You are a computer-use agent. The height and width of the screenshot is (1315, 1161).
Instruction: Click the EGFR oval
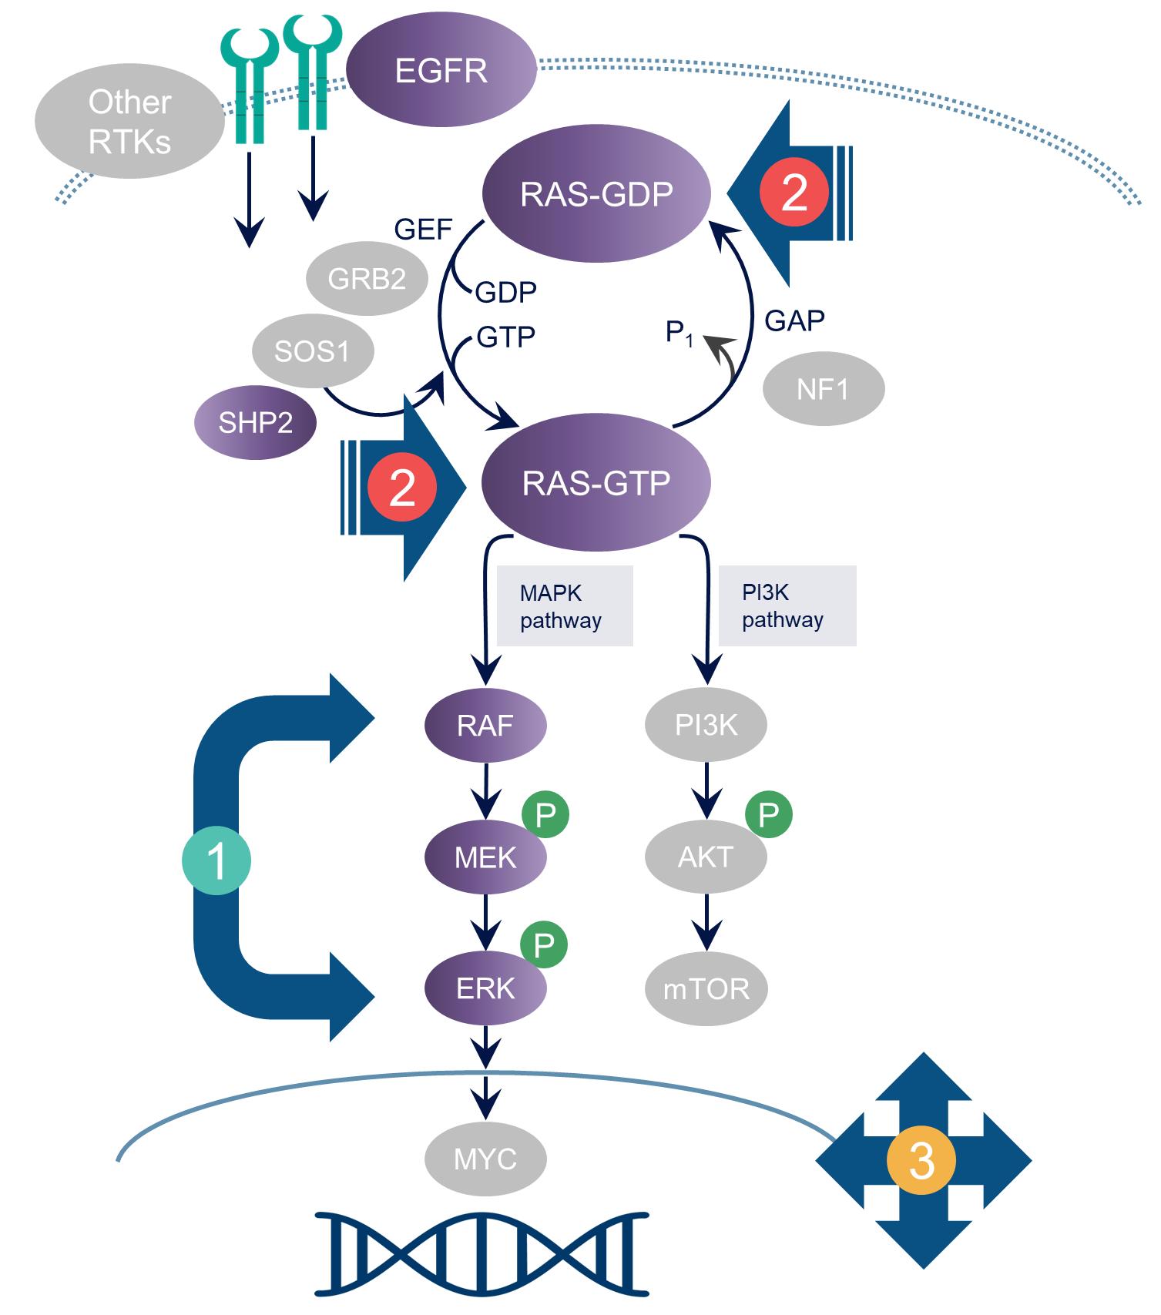(441, 71)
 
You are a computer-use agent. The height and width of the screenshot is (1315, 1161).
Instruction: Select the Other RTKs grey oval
(129, 121)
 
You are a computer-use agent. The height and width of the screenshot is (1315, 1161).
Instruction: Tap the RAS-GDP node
(596, 193)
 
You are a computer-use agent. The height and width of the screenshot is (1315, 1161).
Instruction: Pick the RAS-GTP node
(596, 482)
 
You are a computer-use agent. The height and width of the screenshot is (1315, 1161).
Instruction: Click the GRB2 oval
(367, 278)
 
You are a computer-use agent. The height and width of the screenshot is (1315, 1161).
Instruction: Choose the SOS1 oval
(313, 351)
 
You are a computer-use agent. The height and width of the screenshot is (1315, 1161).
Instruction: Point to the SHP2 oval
(256, 423)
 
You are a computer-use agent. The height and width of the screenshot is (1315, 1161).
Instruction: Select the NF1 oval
(824, 389)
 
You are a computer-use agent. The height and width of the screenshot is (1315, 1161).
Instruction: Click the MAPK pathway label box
(565, 606)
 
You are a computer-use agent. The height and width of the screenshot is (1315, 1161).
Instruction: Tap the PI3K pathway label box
(787, 606)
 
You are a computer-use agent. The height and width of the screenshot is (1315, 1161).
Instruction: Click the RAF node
(485, 725)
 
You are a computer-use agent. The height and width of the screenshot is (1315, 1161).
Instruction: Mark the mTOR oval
(706, 988)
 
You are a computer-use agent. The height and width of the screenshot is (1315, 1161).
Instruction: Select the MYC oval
(485, 1159)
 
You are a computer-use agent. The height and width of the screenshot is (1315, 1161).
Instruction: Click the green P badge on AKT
(769, 814)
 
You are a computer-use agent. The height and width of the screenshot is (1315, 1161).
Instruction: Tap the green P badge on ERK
(544, 944)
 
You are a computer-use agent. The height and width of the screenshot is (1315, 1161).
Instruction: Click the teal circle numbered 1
(216, 860)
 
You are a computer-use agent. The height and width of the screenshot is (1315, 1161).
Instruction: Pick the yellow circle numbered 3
(921, 1160)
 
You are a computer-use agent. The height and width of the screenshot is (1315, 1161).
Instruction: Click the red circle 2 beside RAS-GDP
(794, 192)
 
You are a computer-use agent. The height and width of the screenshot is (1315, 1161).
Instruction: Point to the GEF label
(424, 230)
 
